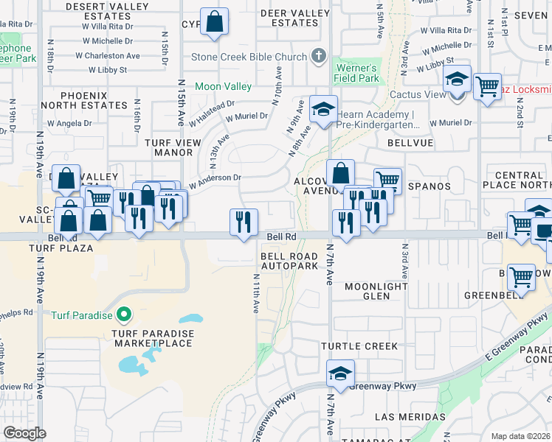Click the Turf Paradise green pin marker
(x=123, y=316)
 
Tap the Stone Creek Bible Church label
(x=249, y=57)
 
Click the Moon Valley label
(x=224, y=86)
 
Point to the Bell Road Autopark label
(x=283, y=260)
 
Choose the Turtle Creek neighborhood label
(x=359, y=345)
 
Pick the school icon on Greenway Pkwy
(x=339, y=373)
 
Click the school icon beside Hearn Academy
(x=322, y=109)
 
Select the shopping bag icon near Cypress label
(x=214, y=21)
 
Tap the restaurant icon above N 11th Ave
(x=244, y=221)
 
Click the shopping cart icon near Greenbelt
(x=521, y=278)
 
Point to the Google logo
(x=24, y=433)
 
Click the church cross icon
(x=319, y=56)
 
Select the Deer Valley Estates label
(x=284, y=17)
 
